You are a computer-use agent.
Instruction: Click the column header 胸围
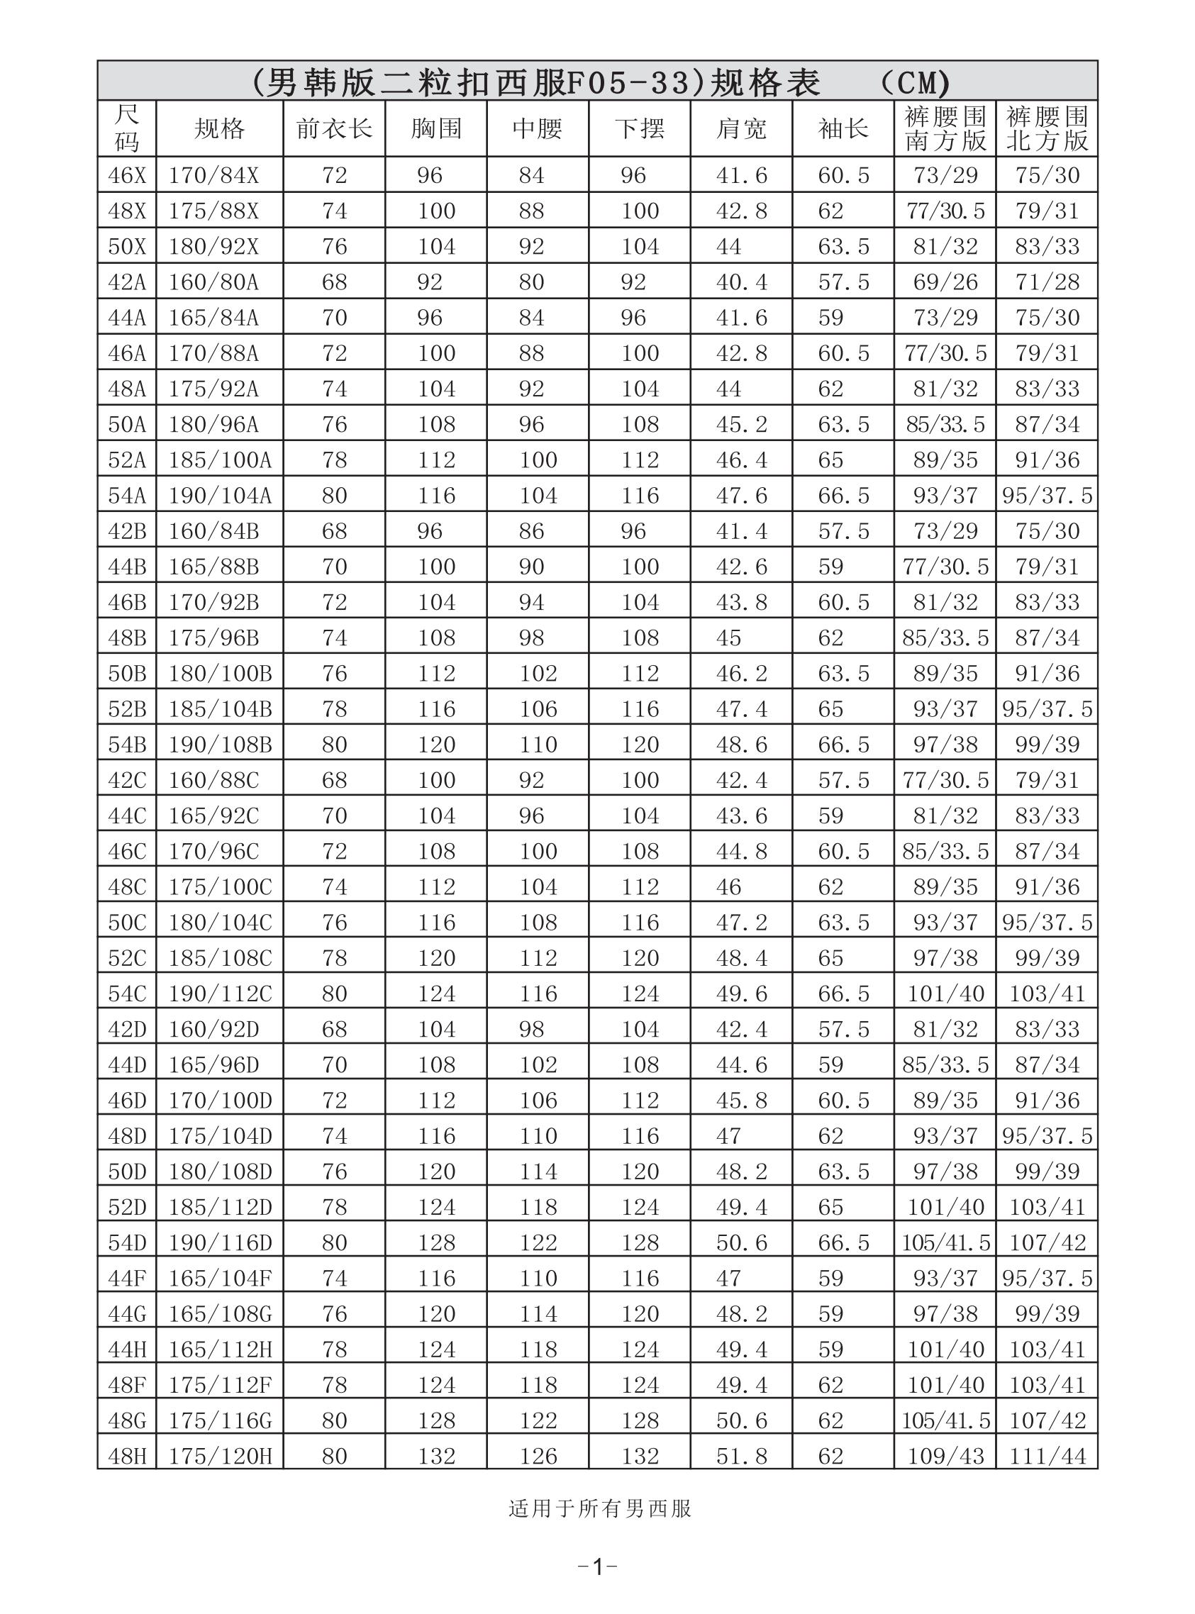tap(435, 129)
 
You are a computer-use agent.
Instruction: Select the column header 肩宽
tap(740, 129)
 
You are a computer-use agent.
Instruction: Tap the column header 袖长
tap(843, 129)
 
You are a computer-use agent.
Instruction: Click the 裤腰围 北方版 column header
tap(1047, 129)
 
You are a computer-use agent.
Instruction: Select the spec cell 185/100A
tap(220, 460)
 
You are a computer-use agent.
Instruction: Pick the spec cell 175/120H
tap(220, 1456)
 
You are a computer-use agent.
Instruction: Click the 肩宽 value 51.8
tap(740, 1456)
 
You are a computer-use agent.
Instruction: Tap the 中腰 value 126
tap(538, 1456)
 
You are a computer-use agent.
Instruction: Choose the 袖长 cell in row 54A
tap(843, 496)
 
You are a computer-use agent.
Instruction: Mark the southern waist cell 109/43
tap(945, 1456)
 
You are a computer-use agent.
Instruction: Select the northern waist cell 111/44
tap(1047, 1456)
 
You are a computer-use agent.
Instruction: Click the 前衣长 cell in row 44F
tap(334, 1278)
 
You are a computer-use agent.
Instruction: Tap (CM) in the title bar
tap(913, 82)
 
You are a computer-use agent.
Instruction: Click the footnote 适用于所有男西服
tap(600, 1508)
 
